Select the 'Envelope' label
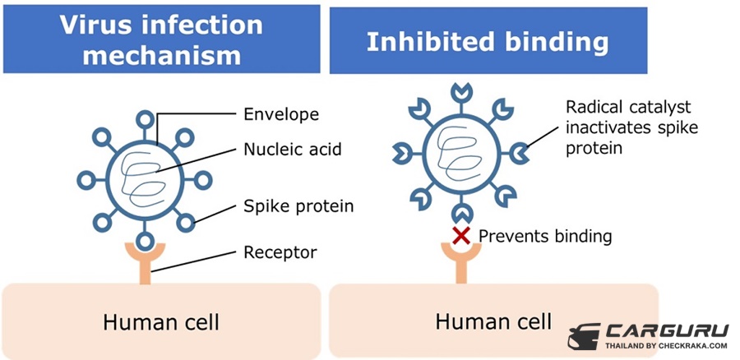[x=281, y=113]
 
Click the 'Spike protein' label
[x=298, y=205]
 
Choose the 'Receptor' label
[x=280, y=251]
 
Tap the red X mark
[x=462, y=236]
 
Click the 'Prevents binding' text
[x=545, y=237]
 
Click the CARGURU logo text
[x=667, y=330]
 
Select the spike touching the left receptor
[x=145, y=241]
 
